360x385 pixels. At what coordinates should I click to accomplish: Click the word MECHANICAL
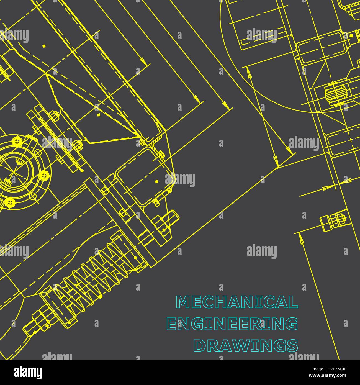(x=237, y=302)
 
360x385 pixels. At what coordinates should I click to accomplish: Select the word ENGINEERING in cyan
(x=232, y=324)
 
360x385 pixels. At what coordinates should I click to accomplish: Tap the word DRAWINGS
(x=246, y=345)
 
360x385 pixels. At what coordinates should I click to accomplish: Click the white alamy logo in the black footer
(x=28, y=372)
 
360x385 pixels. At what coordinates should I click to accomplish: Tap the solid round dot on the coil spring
(x=101, y=296)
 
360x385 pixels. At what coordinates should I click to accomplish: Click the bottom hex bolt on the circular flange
(x=10, y=202)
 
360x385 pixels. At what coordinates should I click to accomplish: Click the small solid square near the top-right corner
(x=351, y=35)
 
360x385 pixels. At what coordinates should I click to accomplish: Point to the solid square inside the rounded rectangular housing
(x=157, y=182)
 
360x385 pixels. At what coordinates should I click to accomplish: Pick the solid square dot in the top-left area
(x=44, y=46)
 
